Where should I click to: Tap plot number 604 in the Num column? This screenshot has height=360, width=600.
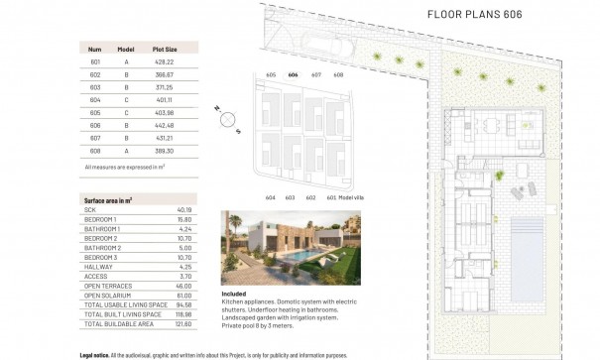pos(95,100)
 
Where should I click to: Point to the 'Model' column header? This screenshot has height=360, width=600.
pos(126,48)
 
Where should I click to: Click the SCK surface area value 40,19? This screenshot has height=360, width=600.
pos(183,210)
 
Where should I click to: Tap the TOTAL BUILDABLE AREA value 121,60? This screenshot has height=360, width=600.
pos(183,323)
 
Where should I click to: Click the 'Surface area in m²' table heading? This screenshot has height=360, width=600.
pos(109,200)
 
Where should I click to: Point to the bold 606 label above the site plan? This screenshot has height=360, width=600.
pos(293,75)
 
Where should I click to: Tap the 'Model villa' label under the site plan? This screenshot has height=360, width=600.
pos(352,197)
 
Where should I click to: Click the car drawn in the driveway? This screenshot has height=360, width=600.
pos(327,45)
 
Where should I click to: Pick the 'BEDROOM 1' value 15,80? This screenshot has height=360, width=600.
pos(183,219)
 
